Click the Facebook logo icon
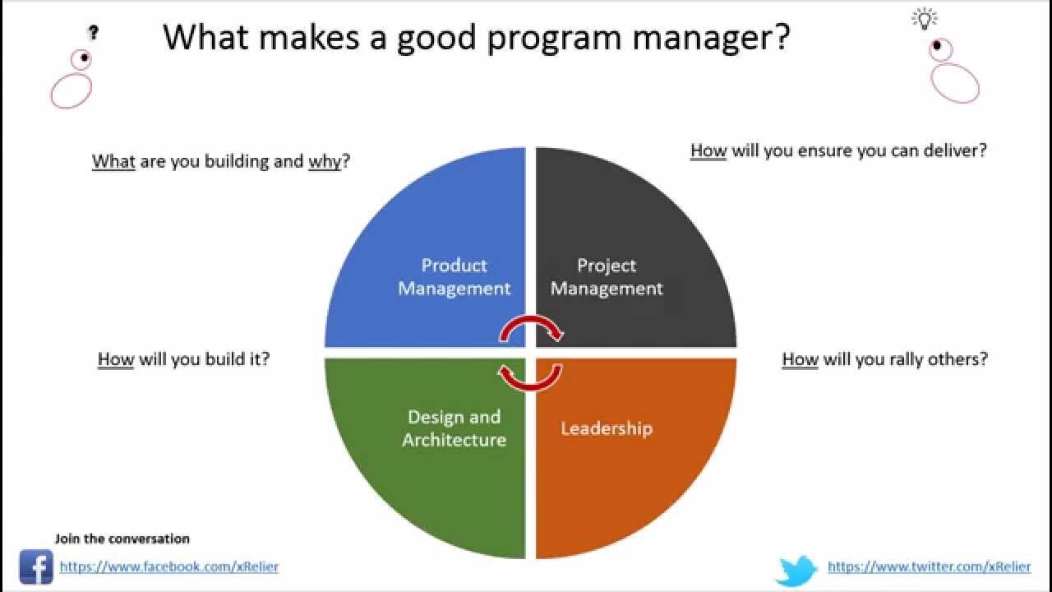point(36,567)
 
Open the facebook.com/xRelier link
point(169,567)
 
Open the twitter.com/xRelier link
point(929,567)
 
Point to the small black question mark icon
point(94,33)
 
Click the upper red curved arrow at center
point(532,328)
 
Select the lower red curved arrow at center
point(530,376)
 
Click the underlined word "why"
point(325,161)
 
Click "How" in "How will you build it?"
point(115,359)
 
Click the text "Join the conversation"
point(122,539)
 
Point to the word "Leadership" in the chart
point(607,428)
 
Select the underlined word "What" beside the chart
point(113,161)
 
